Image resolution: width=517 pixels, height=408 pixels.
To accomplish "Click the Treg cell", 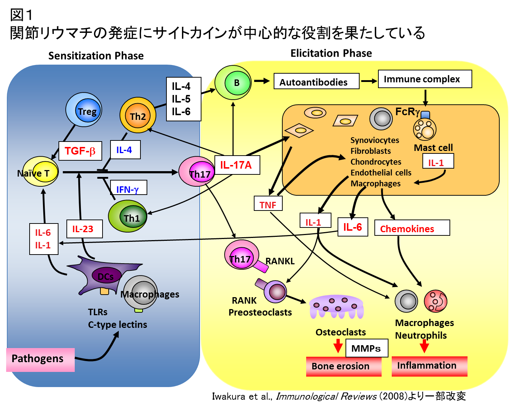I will click(84, 110).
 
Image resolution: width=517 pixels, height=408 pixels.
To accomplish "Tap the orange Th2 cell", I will click(138, 115).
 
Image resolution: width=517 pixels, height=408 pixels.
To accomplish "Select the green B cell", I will click(233, 83).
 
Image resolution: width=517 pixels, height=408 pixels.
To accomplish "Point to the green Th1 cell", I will click(128, 216).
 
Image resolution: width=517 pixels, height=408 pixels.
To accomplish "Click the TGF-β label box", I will click(80, 151).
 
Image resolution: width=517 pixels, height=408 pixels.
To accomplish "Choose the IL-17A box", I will click(237, 165).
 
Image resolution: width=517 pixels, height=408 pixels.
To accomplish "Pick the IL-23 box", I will click(84, 229).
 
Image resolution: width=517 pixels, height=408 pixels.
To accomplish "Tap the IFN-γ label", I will click(128, 188).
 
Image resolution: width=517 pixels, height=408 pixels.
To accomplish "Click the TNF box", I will click(268, 204).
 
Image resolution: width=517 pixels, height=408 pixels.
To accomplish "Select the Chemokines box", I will click(412, 228).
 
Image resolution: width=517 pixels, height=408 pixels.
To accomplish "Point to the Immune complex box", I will click(425, 79).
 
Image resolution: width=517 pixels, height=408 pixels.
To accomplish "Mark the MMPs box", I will click(366, 348).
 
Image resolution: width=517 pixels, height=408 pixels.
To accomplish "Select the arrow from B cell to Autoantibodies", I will click(262, 81).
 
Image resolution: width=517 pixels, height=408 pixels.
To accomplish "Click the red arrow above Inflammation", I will click(424, 346).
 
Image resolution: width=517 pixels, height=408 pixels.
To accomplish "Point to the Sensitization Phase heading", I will click(96, 56).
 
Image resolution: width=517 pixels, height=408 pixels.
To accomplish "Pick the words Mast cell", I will click(433, 148).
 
